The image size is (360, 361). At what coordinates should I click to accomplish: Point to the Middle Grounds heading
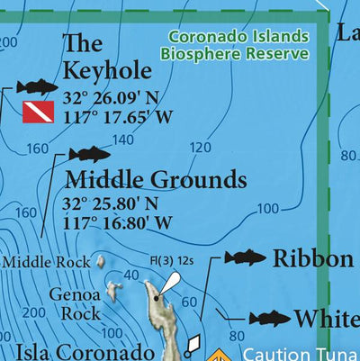pyautogui.click(x=155, y=177)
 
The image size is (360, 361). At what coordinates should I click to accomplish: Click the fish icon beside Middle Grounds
pyautogui.click(x=89, y=154)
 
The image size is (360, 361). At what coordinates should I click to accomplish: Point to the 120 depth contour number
pyautogui.click(x=201, y=148)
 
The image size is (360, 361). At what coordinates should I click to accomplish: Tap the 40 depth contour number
pyautogui.click(x=130, y=275)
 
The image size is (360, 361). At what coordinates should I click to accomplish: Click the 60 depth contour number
pyautogui.click(x=188, y=302)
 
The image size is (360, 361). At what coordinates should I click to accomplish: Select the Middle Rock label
pyautogui.click(x=47, y=263)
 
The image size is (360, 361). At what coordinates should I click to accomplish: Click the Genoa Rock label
pyautogui.click(x=68, y=304)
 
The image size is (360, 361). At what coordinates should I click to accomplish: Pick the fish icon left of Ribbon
pyautogui.click(x=245, y=258)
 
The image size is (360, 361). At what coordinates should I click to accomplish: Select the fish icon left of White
pyautogui.click(x=269, y=318)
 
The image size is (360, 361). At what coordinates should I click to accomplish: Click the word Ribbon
pyautogui.click(x=312, y=259)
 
